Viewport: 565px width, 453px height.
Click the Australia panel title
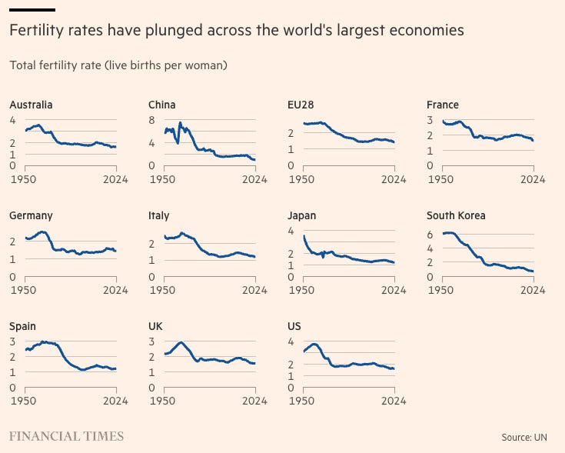pos(31,105)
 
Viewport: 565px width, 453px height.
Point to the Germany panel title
pos(31,216)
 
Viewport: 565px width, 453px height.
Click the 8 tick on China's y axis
pos(152,120)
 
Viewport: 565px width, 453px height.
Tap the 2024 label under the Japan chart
pos(394,290)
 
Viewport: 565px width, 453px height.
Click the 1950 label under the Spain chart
pos(24,401)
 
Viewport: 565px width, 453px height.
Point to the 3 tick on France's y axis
pos(430,120)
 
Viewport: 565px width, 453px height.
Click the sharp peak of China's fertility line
pos(180,123)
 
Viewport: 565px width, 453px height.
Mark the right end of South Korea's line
pos(532,271)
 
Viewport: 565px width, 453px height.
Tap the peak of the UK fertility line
pos(181,343)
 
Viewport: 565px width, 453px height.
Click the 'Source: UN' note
pos(528,437)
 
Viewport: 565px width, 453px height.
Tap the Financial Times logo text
pos(66,436)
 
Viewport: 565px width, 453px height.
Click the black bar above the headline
pos(32,9)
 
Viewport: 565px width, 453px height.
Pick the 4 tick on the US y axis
pos(291,341)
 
